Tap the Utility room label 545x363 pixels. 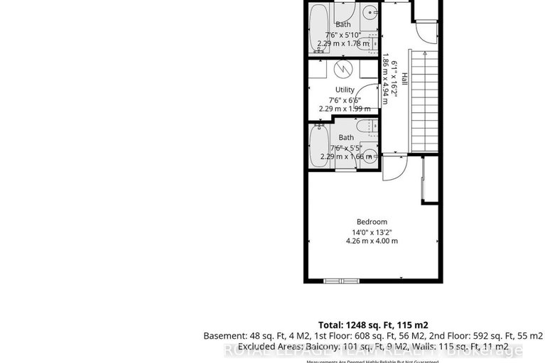345,90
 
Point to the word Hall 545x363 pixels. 404,79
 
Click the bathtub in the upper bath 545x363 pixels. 319,27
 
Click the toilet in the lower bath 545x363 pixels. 362,127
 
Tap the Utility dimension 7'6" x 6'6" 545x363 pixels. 345,99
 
